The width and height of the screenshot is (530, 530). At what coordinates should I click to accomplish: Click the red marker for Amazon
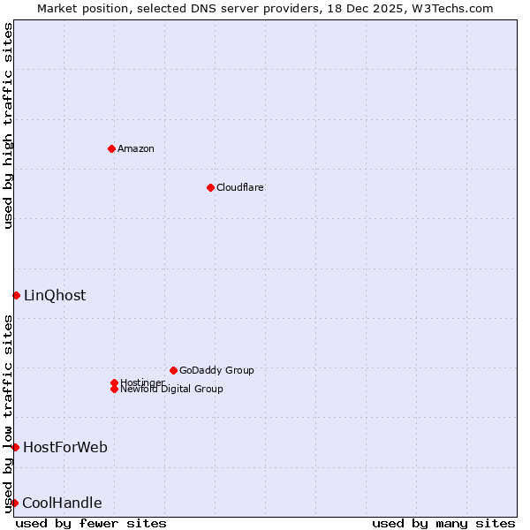(111, 148)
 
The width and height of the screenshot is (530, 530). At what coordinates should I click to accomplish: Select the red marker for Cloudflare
(210, 187)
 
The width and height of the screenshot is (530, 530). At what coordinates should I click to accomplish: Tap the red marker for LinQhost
(16, 295)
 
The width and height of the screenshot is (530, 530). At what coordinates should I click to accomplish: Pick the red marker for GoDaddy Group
(173, 370)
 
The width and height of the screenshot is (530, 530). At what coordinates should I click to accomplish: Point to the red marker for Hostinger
(114, 382)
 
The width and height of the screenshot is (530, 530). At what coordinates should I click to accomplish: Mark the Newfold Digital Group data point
(114, 389)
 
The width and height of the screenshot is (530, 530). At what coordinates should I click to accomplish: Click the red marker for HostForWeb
(15, 447)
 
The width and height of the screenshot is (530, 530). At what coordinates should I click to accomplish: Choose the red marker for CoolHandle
(14, 503)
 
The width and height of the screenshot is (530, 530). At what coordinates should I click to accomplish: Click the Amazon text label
(136, 148)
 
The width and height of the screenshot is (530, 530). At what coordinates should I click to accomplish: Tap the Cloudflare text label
(240, 187)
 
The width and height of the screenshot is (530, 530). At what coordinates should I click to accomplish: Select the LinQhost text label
(55, 295)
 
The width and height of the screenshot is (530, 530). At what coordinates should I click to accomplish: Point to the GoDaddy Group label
(216, 370)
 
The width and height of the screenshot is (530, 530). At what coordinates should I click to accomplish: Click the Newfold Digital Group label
(172, 390)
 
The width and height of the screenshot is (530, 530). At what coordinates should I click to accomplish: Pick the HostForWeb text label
(65, 447)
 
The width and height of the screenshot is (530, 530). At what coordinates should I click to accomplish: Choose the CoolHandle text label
(62, 503)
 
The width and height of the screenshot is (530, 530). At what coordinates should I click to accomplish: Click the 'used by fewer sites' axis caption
(91, 523)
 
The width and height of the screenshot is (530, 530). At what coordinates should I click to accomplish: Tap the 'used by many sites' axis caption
(443, 523)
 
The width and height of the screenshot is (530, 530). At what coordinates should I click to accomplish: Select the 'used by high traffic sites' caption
(8, 125)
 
